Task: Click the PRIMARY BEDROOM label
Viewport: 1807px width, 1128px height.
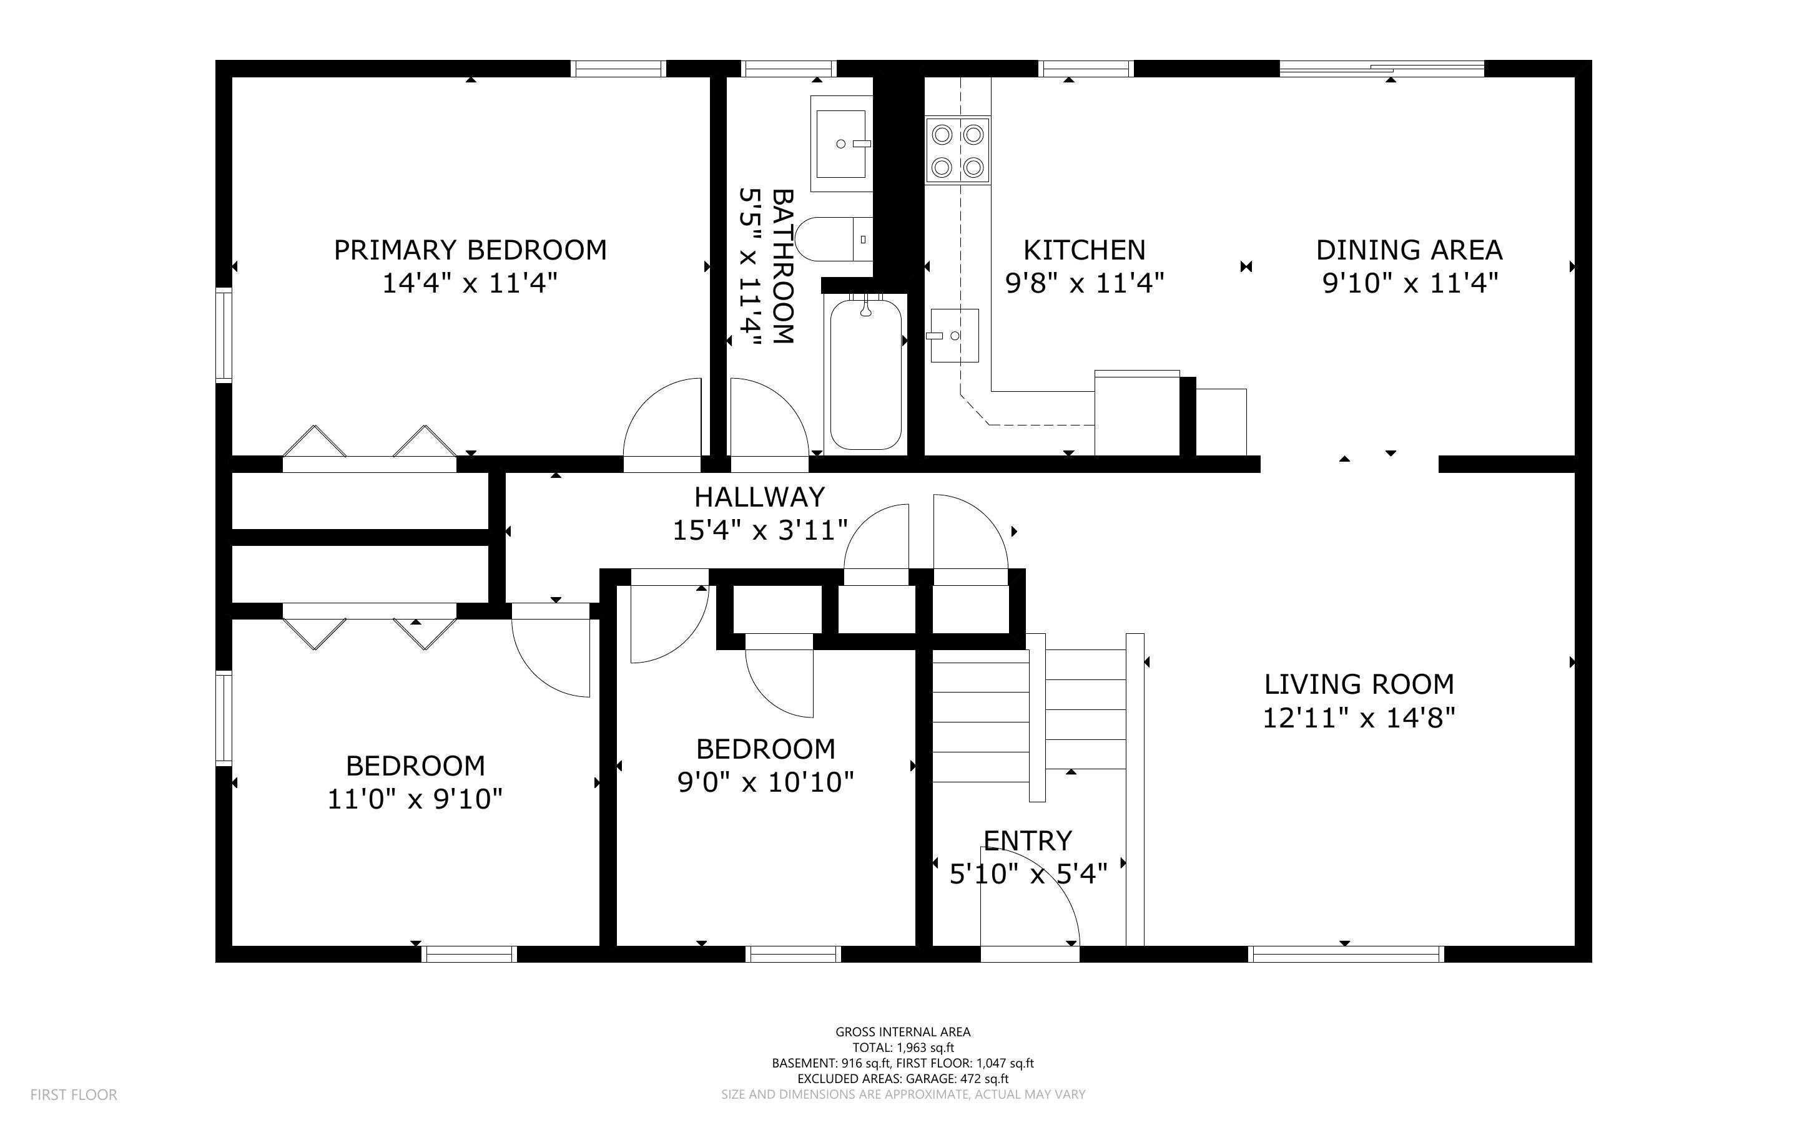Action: coord(470,250)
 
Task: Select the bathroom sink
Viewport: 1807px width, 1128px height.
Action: coord(841,144)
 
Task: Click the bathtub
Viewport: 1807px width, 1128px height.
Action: coord(866,373)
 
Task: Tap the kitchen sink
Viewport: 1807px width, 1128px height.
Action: coord(954,336)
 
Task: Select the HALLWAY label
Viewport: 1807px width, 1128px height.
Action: coord(759,497)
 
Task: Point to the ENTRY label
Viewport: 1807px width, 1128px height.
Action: coord(1027,841)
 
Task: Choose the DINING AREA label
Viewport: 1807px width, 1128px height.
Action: coord(1409,250)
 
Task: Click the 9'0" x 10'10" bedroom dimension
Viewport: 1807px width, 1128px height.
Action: coord(765,782)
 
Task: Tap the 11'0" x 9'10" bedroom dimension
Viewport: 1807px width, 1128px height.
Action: coord(415,800)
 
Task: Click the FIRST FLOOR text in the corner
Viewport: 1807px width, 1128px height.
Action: coord(73,1094)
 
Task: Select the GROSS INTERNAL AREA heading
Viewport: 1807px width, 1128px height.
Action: coord(902,1032)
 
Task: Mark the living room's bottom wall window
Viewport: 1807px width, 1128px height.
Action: coord(1346,953)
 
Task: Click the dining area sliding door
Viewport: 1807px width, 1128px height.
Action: coord(1382,69)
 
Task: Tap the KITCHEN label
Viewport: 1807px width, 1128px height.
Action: coord(1084,250)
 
